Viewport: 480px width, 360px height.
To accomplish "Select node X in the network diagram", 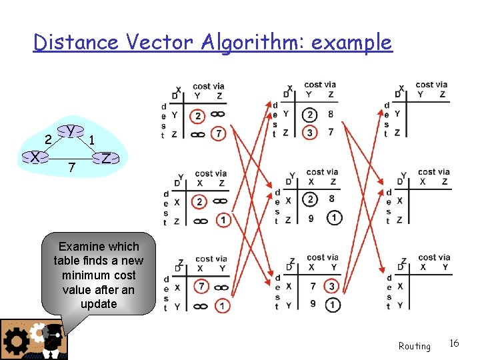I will coord(33,157).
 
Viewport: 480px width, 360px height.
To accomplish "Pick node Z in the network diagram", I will coord(106,158).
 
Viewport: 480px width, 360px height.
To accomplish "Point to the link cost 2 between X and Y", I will coord(48,139).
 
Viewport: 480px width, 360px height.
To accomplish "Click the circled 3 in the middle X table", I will coord(309,133).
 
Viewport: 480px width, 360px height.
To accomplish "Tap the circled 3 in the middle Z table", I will coord(331,286).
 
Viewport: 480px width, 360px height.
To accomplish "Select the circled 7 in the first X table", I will coord(219,135).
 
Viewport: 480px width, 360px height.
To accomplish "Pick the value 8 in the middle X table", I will coord(331,114).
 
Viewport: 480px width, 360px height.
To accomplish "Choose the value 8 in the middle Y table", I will coord(332,199).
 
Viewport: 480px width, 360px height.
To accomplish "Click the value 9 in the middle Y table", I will coord(309,217).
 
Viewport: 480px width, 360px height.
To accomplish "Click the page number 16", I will coord(454,343).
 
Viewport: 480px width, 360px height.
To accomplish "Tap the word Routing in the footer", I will coord(414,346).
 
